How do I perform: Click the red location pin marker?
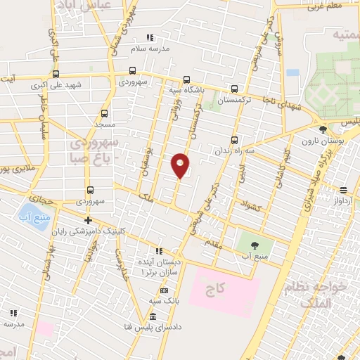click(180, 165)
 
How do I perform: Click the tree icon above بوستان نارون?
click(323, 129)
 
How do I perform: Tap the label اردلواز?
click(345, 200)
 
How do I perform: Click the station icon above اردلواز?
click(344, 190)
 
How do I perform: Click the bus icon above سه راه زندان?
click(234, 139)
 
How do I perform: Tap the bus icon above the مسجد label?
click(105, 112)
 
